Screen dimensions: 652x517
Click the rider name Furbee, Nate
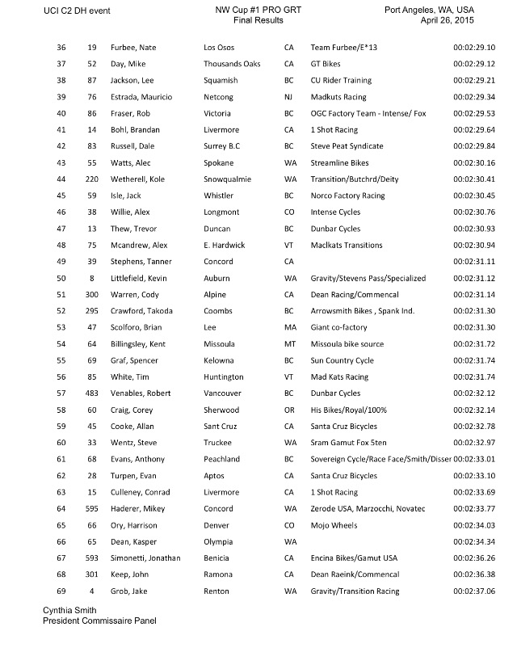(x=137, y=48)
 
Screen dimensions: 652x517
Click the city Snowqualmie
(x=227, y=179)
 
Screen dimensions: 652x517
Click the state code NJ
(x=288, y=97)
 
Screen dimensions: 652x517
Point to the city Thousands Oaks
(x=231, y=65)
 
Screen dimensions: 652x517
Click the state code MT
(x=288, y=344)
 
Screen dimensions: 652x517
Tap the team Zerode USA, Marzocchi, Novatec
(x=368, y=509)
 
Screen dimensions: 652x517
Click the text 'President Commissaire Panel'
(x=100, y=620)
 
